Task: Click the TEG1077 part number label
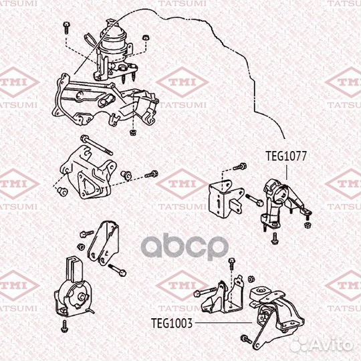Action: (286, 156)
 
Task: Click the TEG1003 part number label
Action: (172, 323)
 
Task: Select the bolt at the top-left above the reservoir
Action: (66, 28)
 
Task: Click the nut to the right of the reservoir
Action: (146, 37)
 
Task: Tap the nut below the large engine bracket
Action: (132, 132)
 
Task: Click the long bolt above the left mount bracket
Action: (97, 145)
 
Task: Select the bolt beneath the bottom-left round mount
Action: (65, 326)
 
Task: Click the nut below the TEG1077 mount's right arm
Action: (307, 225)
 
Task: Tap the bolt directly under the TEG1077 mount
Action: (275, 239)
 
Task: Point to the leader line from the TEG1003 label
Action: (223, 323)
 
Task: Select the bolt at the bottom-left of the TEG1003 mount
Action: (246, 340)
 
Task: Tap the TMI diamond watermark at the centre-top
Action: (183, 82)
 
